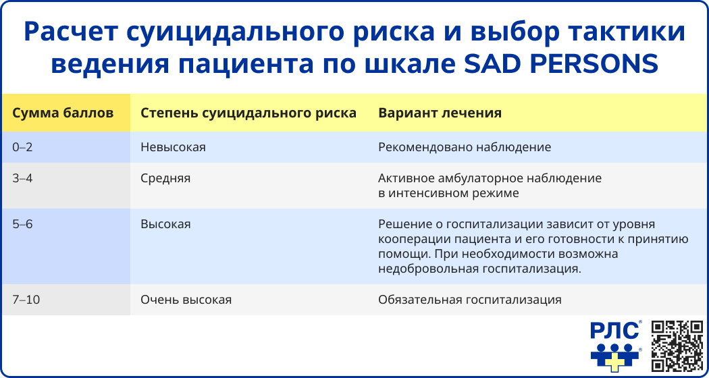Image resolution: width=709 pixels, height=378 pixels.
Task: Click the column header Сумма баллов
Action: point(62,113)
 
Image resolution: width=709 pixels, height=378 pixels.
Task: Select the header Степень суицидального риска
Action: point(248,113)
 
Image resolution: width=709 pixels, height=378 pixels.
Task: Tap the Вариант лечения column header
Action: point(440,113)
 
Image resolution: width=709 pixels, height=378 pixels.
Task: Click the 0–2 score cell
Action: point(22,147)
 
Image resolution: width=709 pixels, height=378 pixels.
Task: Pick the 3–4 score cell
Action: point(22,178)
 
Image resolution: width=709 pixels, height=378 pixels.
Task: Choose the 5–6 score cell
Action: point(22,224)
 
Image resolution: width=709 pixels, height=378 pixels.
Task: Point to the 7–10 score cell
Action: point(26,300)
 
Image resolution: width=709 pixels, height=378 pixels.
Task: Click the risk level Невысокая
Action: point(173,147)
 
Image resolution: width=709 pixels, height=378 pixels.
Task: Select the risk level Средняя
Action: point(165,179)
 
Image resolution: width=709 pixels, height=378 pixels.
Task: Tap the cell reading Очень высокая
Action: point(186,300)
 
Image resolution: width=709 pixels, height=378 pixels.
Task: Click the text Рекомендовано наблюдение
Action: point(465,148)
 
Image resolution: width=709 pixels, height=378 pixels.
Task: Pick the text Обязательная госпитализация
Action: point(470,300)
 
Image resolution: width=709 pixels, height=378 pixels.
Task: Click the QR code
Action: point(677,346)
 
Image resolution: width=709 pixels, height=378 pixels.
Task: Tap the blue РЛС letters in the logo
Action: point(614,331)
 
